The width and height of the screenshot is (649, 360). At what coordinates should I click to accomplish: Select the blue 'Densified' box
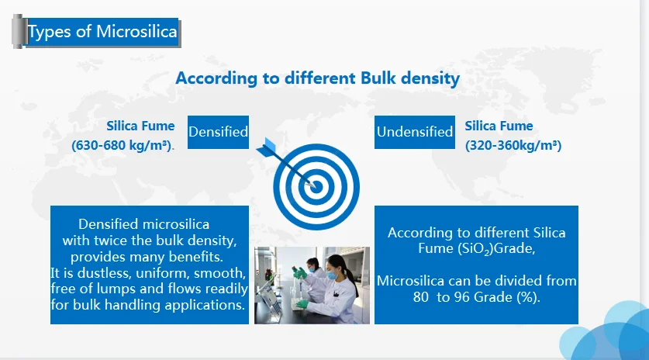pyautogui.click(x=218, y=132)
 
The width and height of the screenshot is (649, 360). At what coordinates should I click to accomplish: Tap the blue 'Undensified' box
pyautogui.click(x=415, y=132)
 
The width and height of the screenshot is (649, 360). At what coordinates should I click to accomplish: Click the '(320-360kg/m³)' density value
pyautogui.click(x=513, y=145)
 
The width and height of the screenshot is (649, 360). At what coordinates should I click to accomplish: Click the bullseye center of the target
pyautogui.click(x=316, y=187)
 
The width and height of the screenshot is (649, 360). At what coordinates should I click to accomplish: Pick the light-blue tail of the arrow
pyautogui.click(x=268, y=146)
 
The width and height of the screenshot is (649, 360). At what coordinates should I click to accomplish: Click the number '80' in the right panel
pyautogui.click(x=421, y=297)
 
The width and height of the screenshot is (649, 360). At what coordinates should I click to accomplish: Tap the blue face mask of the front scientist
pyautogui.click(x=332, y=275)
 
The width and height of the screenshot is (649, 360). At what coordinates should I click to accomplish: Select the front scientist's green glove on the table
pyautogui.click(x=302, y=304)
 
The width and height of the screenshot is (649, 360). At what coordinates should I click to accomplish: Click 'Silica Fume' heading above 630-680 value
pyautogui.click(x=140, y=126)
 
